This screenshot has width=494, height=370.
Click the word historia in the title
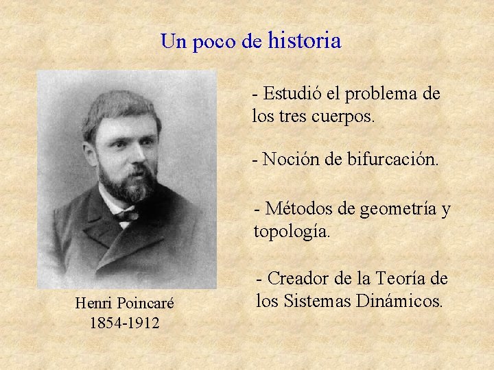pyautogui.click(x=305, y=41)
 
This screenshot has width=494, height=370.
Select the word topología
pyautogui.click(x=292, y=232)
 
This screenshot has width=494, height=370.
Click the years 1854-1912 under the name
pyautogui.click(x=124, y=322)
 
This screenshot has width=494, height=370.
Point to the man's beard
pyautogui.click(x=127, y=182)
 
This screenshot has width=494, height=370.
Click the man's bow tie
pyautogui.click(x=126, y=215)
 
